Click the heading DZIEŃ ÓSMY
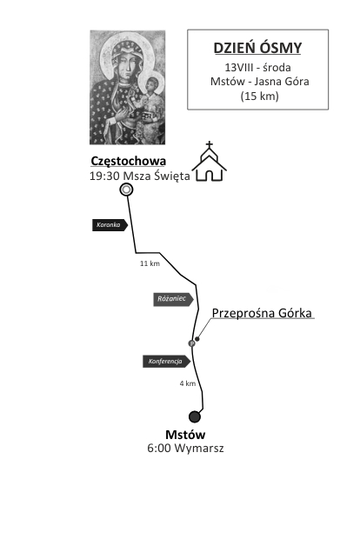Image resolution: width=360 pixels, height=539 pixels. (257, 48)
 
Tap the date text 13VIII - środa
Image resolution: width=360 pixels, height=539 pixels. (258, 68)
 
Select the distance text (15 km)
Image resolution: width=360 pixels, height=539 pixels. (260, 96)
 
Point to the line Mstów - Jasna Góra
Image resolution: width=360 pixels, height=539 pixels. (260, 82)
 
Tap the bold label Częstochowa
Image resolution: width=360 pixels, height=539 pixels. (128, 161)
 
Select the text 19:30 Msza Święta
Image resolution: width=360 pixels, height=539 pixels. (140, 176)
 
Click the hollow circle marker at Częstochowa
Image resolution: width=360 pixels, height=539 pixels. (127, 190)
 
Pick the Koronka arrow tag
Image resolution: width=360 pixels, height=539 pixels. (110, 225)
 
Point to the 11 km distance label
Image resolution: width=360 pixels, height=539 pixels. (150, 263)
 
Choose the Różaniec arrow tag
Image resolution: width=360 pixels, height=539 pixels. (173, 299)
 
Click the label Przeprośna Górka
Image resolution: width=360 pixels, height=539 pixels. (262, 313)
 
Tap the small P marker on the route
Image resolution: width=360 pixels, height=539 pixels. (192, 343)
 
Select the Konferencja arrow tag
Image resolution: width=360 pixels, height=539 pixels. (167, 362)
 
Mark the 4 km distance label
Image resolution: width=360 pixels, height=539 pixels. (188, 383)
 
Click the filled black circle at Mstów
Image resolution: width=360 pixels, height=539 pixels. (195, 416)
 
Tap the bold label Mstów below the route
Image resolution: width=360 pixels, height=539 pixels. (185, 435)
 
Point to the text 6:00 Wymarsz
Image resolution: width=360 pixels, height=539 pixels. (186, 449)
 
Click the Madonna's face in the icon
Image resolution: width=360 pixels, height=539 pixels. (125, 66)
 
